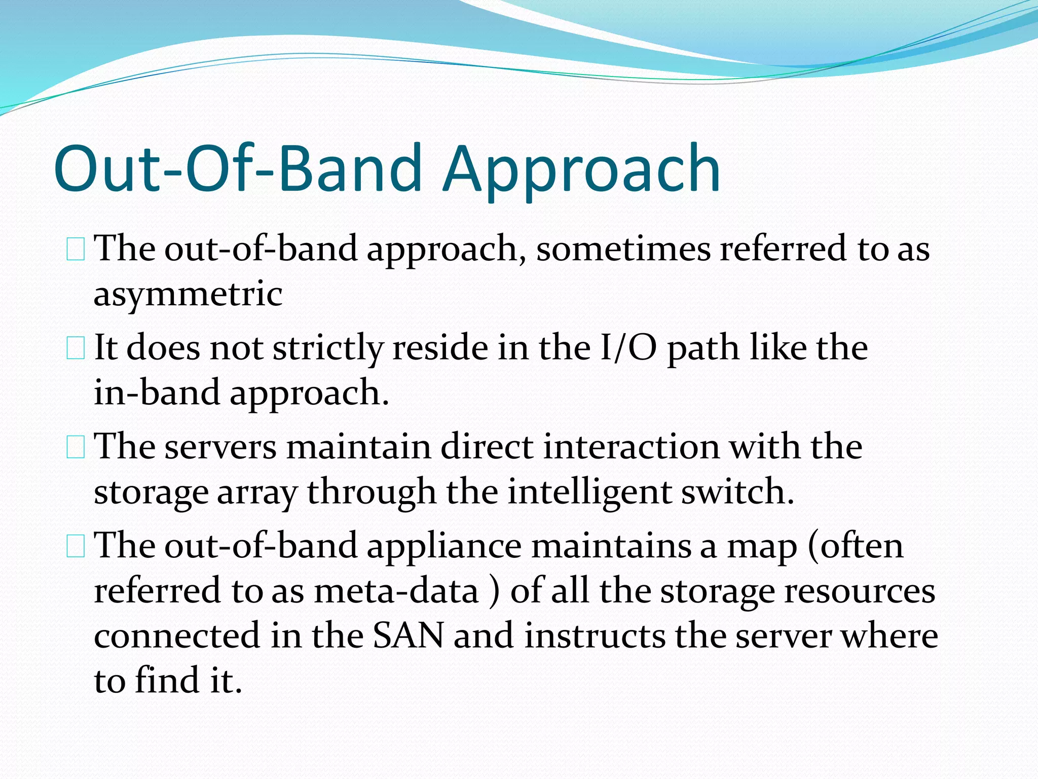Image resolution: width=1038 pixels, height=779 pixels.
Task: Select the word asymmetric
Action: tap(188, 295)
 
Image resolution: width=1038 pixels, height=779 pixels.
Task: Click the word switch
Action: tap(737, 492)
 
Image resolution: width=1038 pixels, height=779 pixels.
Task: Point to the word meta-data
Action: tap(396, 591)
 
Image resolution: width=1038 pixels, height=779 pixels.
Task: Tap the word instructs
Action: tap(595, 636)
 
